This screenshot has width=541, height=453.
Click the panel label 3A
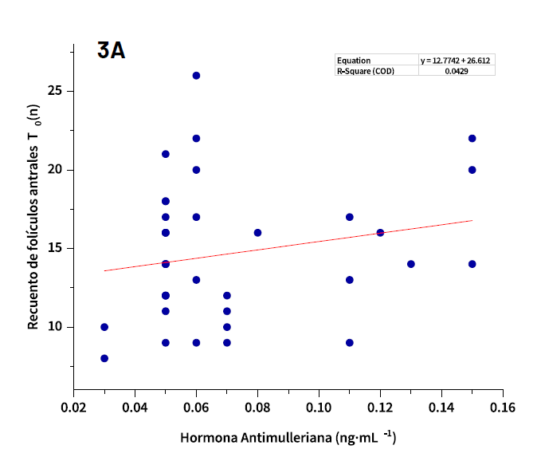111,51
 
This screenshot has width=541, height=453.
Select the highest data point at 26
196,76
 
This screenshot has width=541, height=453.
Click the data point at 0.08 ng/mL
257,233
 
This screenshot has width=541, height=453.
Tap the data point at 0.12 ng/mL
380,233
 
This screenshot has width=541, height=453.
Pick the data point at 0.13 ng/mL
411,264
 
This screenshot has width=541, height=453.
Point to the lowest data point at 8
104,359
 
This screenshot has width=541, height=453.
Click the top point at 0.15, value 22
472,138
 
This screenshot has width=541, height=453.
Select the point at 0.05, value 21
166,154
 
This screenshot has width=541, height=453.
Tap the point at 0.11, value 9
350,343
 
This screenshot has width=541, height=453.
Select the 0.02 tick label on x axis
73,405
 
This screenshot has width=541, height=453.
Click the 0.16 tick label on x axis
503,405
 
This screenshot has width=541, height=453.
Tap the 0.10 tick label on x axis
319,405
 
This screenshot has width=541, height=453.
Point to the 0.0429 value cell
457,71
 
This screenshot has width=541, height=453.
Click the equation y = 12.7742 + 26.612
457,61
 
